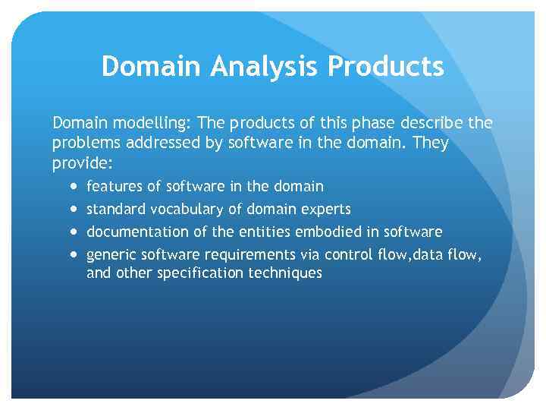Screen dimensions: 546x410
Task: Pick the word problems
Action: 85,143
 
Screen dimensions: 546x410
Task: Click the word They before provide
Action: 430,143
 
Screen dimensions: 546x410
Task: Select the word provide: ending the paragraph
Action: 81,163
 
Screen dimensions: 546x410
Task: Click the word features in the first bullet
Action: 112,187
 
